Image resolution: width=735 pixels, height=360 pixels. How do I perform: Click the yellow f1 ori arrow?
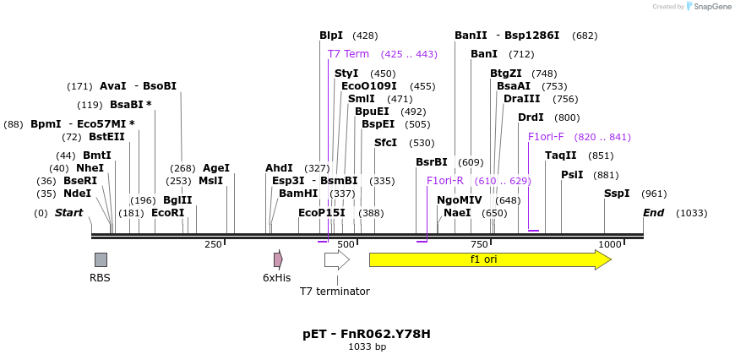(490, 259)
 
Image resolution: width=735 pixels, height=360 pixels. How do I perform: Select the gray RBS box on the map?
(101, 259)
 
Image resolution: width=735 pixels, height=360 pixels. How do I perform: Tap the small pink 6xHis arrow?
(278, 259)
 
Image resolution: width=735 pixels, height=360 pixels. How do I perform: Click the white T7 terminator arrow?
(336, 259)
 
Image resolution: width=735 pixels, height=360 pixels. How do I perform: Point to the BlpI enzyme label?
(331, 35)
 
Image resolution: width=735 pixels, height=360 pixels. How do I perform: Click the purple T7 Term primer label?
(348, 53)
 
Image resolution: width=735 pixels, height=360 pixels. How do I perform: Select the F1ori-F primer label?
(546, 136)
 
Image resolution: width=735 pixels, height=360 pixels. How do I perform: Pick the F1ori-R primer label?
(445, 180)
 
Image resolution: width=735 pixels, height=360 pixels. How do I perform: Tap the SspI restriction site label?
(617, 194)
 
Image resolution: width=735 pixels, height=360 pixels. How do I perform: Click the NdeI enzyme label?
(77, 194)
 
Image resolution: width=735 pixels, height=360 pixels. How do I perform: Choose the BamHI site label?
(298, 194)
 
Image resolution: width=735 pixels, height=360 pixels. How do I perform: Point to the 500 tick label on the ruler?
(346, 244)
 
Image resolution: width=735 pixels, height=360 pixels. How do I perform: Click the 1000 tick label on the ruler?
(610, 244)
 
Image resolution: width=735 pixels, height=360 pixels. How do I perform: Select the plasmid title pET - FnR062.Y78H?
(367, 334)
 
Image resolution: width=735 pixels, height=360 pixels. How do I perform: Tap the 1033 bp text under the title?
(367, 346)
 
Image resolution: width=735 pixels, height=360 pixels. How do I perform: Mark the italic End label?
(653, 213)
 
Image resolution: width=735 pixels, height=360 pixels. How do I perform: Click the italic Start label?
(68, 213)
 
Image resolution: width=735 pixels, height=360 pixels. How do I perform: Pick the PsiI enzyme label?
(572, 175)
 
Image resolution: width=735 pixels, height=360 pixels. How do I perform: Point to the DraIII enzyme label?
(521, 98)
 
